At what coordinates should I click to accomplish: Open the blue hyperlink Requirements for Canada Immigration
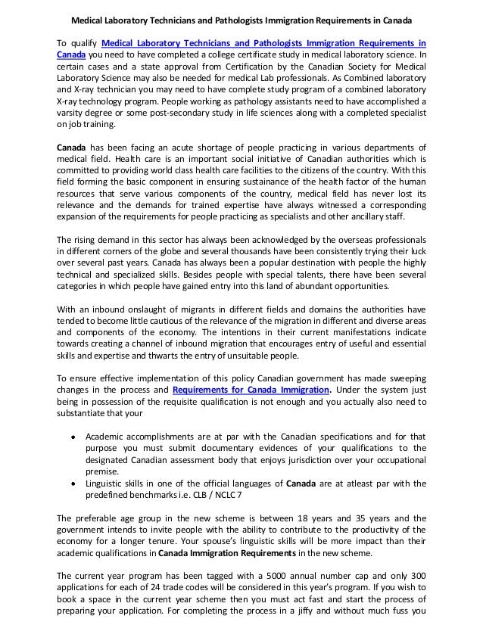[x=251, y=390]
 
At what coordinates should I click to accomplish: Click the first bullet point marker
[x=71, y=437]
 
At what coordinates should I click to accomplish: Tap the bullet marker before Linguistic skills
[x=71, y=483]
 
